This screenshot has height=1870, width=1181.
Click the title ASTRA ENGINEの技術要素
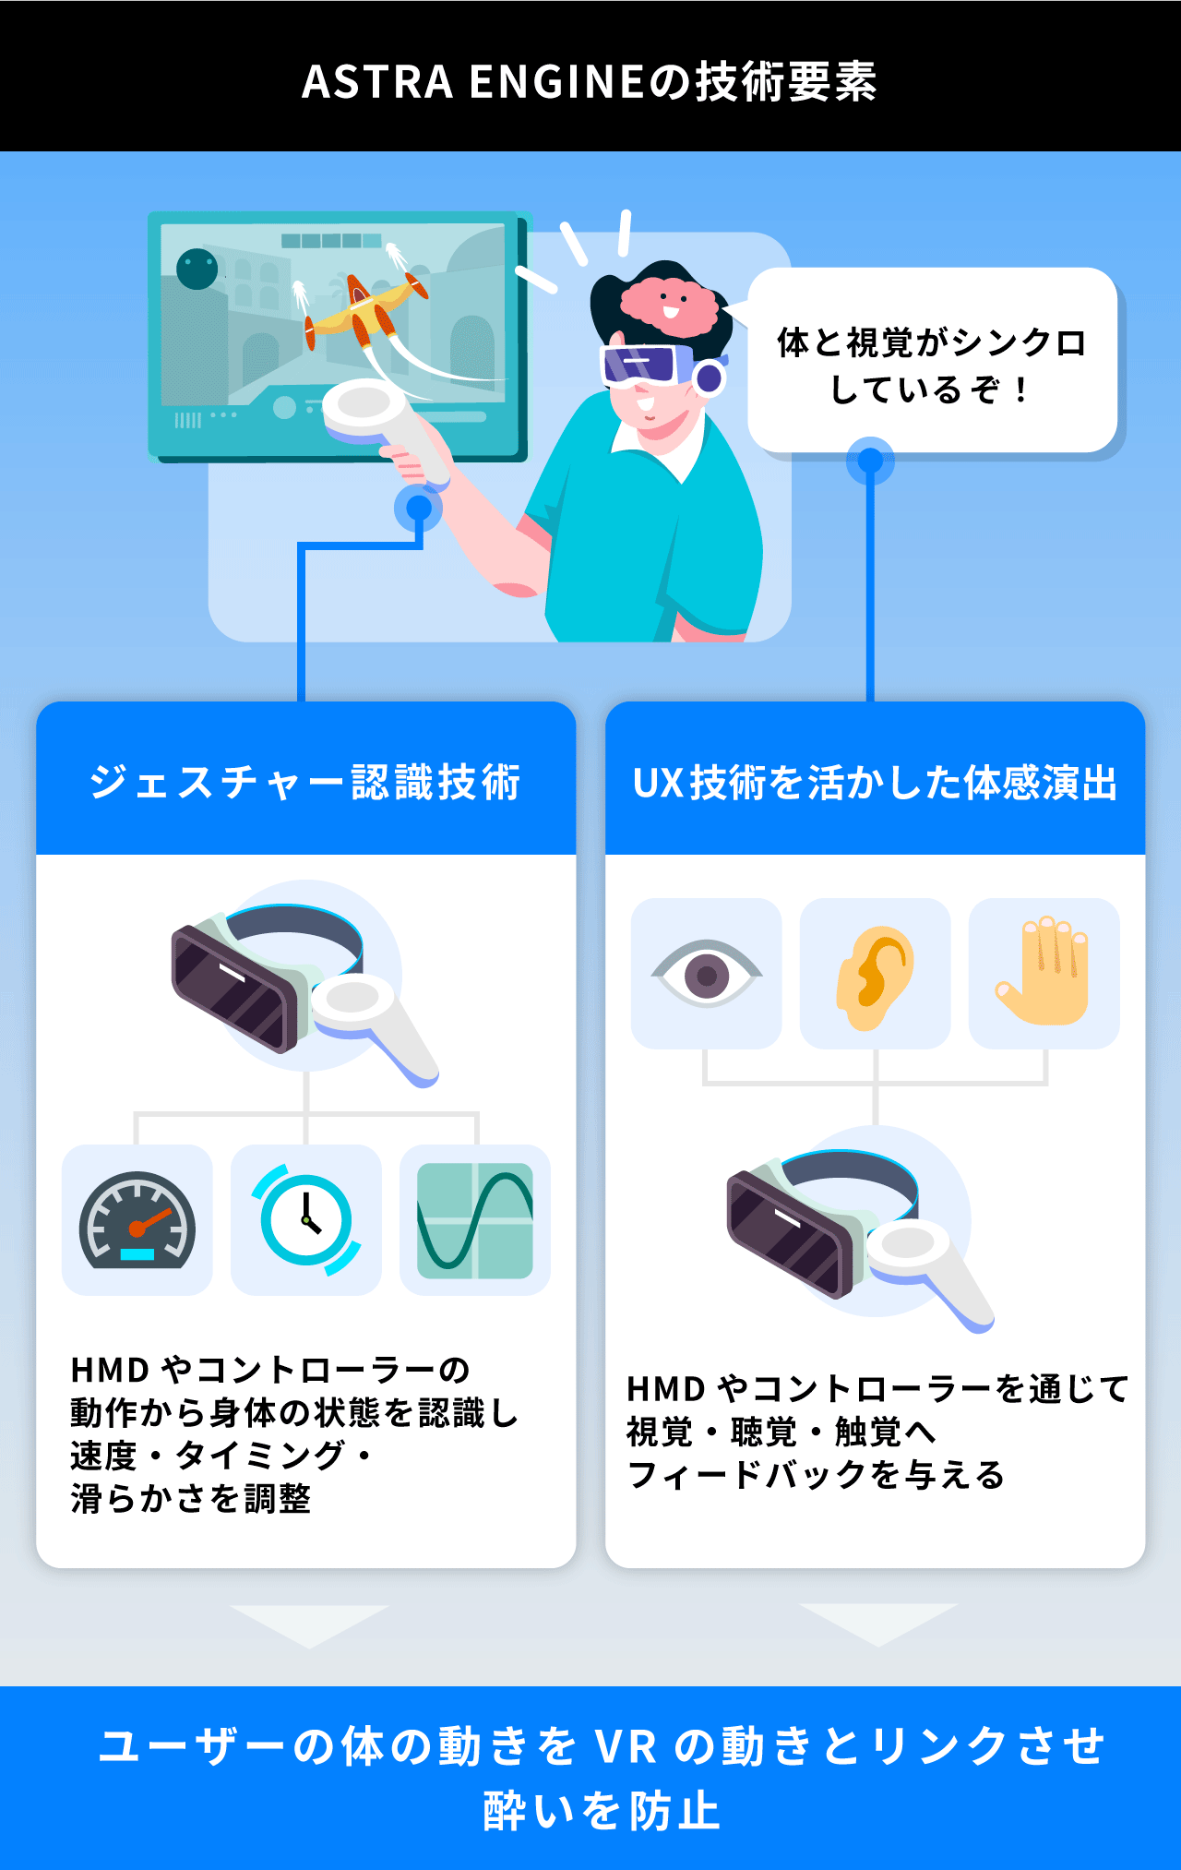click(590, 81)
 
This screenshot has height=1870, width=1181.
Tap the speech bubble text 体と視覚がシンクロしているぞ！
click(931, 366)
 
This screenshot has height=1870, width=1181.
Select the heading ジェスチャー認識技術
click(305, 782)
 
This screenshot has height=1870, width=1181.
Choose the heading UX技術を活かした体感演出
click(875, 783)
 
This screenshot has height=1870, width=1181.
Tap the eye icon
click(707, 974)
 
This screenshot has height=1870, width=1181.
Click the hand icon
click(1044, 973)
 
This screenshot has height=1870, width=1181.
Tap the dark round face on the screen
click(197, 270)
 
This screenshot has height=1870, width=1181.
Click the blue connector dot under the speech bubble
click(870, 461)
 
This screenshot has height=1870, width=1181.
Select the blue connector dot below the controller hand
click(419, 508)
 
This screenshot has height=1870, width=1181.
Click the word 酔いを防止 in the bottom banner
click(601, 1810)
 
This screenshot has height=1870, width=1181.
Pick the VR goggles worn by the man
click(646, 364)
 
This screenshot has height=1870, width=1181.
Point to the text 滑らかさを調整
click(191, 1498)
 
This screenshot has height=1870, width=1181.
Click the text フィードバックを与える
click(816, 1475)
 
